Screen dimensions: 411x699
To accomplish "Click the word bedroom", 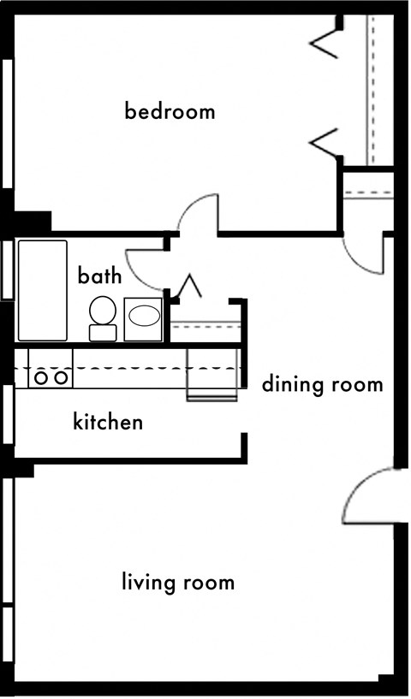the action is coord(170,111).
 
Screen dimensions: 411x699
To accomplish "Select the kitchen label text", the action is coord(108,421).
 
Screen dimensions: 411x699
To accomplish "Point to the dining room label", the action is coord(322,385).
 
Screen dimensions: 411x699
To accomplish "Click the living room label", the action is coord(178,583).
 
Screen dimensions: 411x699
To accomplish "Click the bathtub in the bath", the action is coord(43,290).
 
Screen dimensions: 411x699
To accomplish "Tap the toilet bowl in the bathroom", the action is coord(103,311).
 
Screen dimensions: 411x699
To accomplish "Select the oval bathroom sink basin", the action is coord(144,316).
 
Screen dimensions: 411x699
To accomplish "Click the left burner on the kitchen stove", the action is coord(41,378).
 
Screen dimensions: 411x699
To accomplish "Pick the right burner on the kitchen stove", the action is coord(61,378).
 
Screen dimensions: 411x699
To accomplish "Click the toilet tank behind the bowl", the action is coord(103,333).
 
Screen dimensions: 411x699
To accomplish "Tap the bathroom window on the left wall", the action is coord(8,270).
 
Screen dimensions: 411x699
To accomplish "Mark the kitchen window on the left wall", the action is coord(8,414).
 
